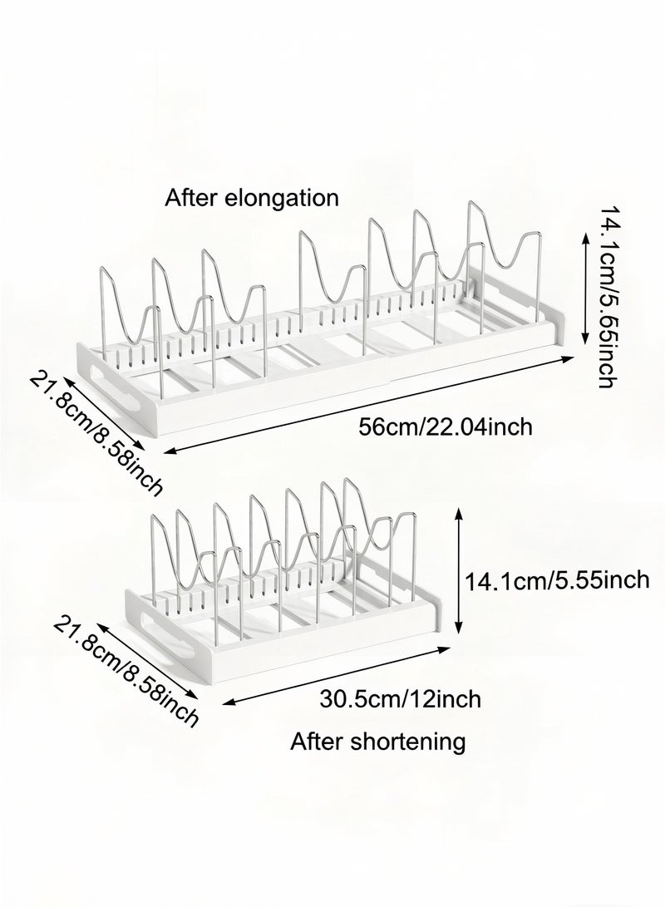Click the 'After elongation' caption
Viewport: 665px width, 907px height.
coord(252,199)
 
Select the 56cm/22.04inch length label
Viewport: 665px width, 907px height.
coord(446,427)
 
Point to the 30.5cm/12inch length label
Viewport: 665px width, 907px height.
coord(400,699)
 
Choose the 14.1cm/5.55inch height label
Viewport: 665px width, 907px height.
coord(558,579)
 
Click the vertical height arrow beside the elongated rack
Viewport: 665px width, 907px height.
coord(584,288)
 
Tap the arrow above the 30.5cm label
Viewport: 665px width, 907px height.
coord(337,676)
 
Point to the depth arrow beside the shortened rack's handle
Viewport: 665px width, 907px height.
coord(146,661)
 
